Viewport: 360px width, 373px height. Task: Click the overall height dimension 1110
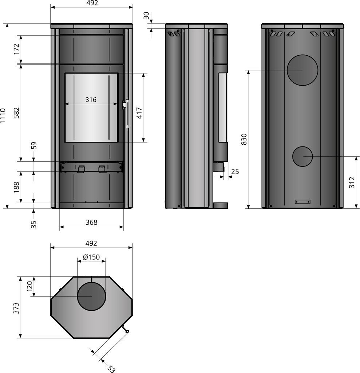pyautogui.click(x=3, y=116)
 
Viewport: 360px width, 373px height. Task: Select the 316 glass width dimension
pyautogui.click(x=91, y=99)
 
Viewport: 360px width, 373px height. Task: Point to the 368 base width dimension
pyautogui.click(x=91, y=222)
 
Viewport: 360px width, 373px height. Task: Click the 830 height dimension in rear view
pyautogui.click(x=244, y=139)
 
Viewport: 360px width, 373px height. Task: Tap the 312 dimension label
pyautogui.click(x=352, y=182)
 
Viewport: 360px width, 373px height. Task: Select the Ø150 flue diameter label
pyautogui.click(x=91, y=257)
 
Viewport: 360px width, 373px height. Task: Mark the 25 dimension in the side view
pyautogui.click(x=235, y=172)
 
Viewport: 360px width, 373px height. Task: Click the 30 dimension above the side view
pyautogui.click(x=146, y=16)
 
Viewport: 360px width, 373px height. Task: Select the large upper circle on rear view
pyautogui.click(x=302, y=70)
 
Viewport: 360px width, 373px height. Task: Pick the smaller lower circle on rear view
pyautogui.click(x=302, y=157)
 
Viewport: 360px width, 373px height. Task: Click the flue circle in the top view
pyautogui.click(x=91, y=296)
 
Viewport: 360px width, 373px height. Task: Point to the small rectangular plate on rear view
pyautogui.click(x=302, y=201)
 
